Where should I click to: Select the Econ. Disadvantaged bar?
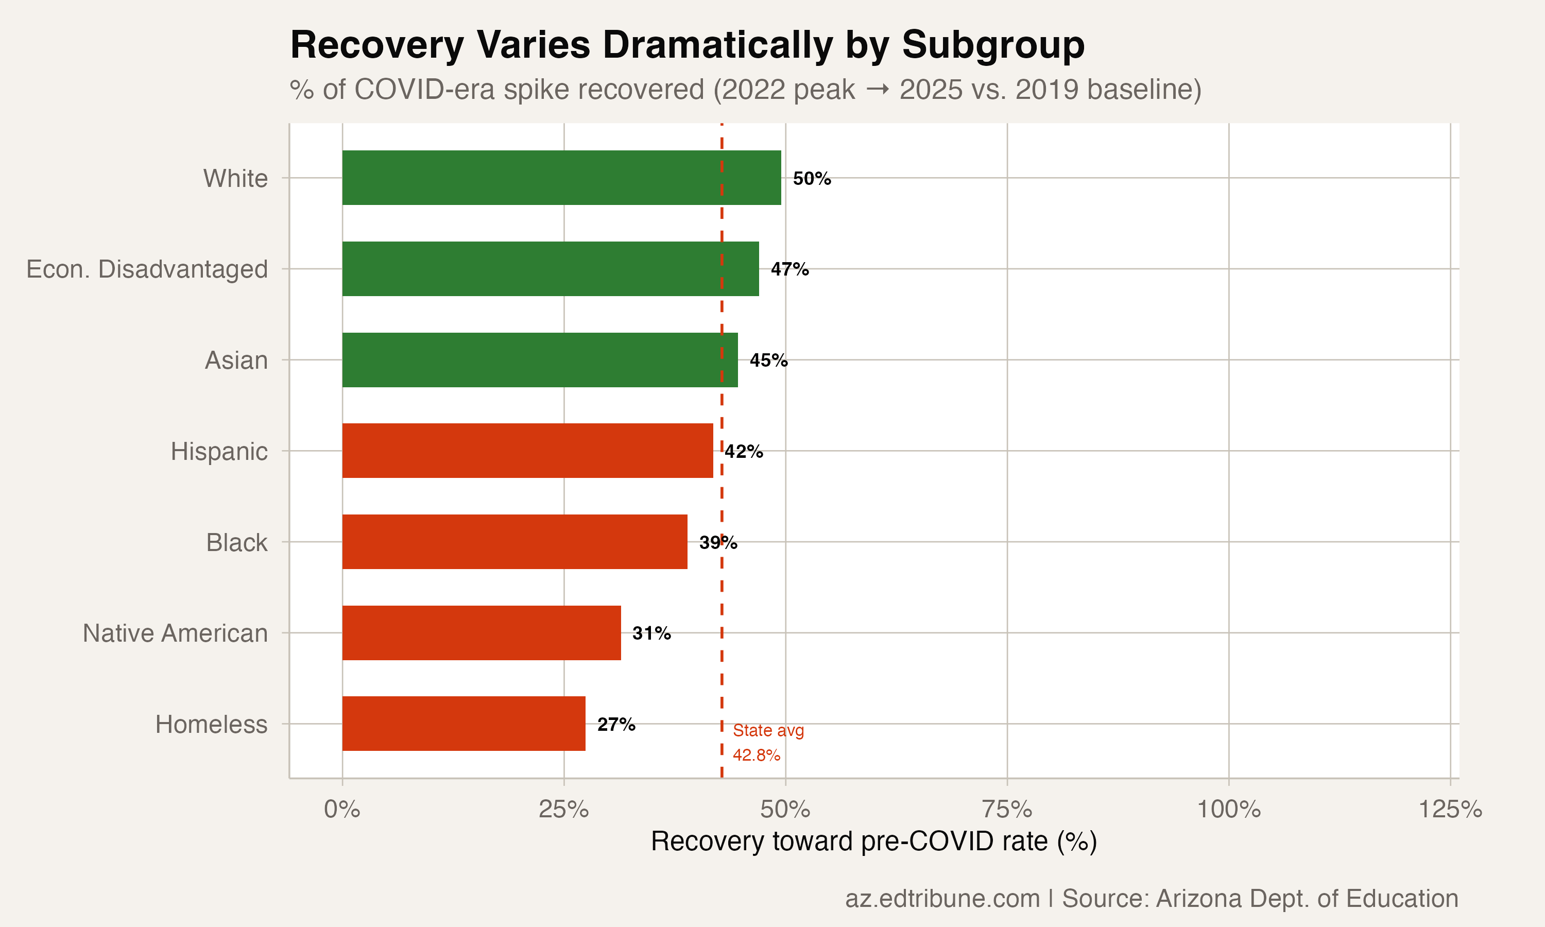[550, 269]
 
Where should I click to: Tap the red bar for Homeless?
[463, 724]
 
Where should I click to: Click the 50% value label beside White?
[811, 179]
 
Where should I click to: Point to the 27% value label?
[616, 725]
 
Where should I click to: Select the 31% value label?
[651, 633]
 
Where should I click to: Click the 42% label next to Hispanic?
[743, 452]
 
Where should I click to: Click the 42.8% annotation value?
[756, 755]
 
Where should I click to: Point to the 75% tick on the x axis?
[1007, 810]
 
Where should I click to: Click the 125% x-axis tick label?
[1449, 810]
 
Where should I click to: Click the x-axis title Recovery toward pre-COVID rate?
[873, 842]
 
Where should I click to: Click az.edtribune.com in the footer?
[942, 898]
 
